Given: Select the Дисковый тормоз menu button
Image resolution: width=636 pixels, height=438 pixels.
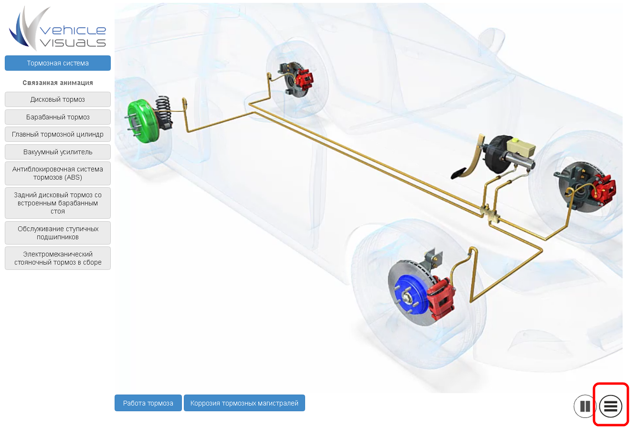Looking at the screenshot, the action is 58,99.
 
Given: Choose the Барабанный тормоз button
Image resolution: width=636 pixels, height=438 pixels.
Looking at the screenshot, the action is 58,117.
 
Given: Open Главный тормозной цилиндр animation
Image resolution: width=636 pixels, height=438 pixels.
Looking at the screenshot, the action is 58,134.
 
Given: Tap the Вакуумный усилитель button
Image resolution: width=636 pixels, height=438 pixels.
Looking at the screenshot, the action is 58,152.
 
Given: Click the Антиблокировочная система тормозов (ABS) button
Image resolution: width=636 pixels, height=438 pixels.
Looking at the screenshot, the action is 58,173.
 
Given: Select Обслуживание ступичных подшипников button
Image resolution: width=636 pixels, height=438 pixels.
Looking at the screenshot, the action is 58,233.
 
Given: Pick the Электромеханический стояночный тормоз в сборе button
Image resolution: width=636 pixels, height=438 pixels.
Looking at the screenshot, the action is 58,258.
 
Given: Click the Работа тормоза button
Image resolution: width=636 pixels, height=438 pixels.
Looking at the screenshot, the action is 148,403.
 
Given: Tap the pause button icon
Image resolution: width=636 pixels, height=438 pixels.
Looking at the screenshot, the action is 585,406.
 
